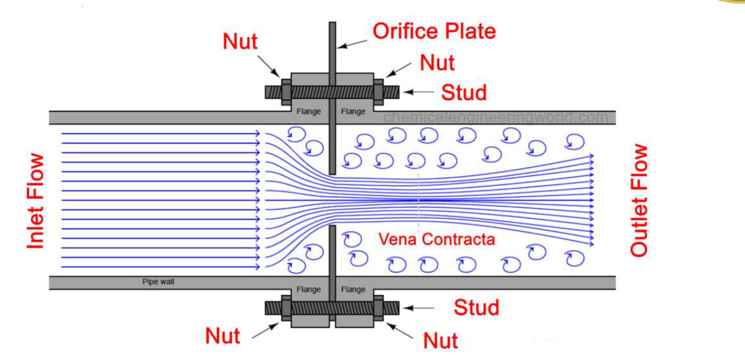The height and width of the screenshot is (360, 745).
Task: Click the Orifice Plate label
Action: [434, 31]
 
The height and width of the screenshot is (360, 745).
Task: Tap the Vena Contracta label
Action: [436, 239]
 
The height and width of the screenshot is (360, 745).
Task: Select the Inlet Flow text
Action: [36, 201]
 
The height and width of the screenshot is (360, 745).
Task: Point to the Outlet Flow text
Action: [639, 201]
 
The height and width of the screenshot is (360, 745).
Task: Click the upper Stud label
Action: [463, 92]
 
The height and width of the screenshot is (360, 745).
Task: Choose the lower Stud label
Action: [477, 308]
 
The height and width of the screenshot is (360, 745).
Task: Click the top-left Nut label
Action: [240, 42]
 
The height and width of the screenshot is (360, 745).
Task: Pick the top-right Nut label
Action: [437, 63]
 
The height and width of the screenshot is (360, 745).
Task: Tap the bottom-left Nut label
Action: [223, 336]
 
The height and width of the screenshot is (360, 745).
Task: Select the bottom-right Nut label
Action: [440, 341]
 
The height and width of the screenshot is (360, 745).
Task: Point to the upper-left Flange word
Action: [308, 112]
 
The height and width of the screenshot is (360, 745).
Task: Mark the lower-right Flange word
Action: [353, 289]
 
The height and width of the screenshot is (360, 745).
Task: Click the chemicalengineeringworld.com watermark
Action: [496, 117]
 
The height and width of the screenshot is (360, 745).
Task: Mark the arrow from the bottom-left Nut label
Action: [265, 330]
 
